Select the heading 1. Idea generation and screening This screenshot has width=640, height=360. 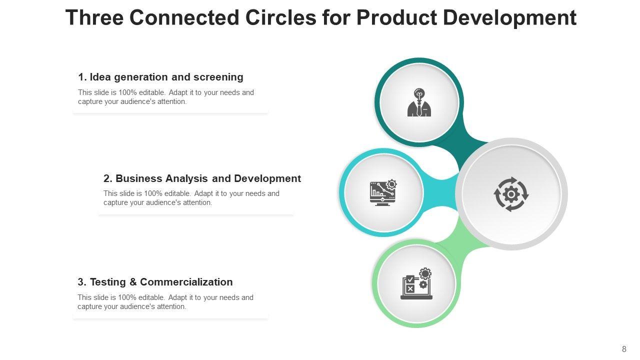160,77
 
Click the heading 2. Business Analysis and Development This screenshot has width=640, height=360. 202,178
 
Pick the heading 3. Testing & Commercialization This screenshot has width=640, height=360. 155,282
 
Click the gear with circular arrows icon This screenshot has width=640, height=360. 511,194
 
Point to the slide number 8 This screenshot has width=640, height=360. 624,349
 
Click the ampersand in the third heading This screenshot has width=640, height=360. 133,282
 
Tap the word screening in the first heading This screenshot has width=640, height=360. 218,77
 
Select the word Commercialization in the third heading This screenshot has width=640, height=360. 186,282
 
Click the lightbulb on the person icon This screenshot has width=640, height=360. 419,93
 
